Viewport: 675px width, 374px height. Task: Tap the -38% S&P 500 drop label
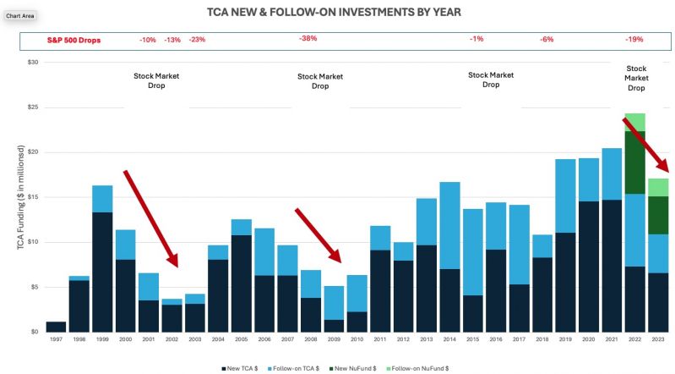click(x=308, y=39)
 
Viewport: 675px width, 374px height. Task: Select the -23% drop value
click(x=197, y=40)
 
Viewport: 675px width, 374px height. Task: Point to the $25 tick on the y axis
click(x=33, y=107)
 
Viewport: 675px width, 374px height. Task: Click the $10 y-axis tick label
click(x=33, y=242)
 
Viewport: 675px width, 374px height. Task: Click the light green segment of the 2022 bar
click(x=634, y=122)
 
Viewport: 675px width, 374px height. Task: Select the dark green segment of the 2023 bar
click(x=658, y=215)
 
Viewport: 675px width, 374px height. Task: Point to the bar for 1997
click(x=56, y=327)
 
